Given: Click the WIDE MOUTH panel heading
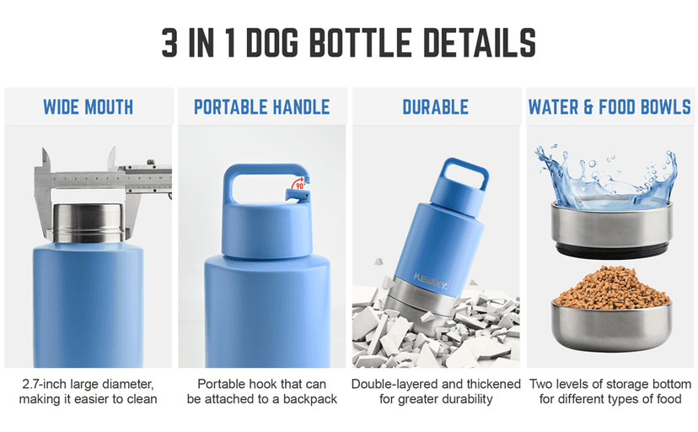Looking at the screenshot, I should coord(88,107).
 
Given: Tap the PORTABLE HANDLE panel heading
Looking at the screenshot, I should coord(261,107).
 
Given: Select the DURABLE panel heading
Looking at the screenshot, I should coord(435,107).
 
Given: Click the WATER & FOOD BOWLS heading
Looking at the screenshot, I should coord(609,107).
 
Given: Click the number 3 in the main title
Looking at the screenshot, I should coord(170,43).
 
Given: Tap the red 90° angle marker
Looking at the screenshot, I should coord(298,183).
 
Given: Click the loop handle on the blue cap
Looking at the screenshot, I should coord(262,181).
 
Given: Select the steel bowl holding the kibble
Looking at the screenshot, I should coord(612,326).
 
